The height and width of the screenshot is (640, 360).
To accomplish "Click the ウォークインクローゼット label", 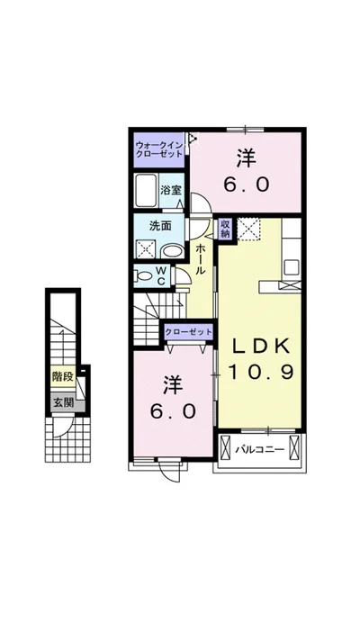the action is click(x=159, y=149).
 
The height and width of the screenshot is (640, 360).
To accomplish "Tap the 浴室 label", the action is click(x=168, y=190).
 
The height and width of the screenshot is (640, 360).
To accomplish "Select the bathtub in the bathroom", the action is click(x=146, y=191).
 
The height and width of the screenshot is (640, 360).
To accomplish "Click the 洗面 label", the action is click(x=160, y=226).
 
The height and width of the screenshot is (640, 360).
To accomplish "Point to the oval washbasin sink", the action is click(x=173, y=251).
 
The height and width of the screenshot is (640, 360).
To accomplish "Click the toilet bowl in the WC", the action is click(x=143, y=276).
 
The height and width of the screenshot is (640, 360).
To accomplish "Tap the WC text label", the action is click(x=162, y=275).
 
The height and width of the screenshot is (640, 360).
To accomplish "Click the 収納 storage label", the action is click(x=226, y=229).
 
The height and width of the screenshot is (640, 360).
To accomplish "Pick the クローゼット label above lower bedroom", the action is click(x=189, y=332).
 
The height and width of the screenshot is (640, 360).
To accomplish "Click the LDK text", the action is click(x=261, y=347).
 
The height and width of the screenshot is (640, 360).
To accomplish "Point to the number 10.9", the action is click(x=261, y=372).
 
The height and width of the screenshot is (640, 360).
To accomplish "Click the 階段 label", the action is click(x=63, y=376).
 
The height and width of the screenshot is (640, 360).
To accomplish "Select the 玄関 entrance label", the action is click(x=63, y=403).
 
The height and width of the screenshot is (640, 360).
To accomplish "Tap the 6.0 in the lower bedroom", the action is click(x=173, y=412).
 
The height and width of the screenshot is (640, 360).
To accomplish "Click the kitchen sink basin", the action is click(x=292, y=268).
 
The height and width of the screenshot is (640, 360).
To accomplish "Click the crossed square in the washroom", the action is click(x=146, y=249).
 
